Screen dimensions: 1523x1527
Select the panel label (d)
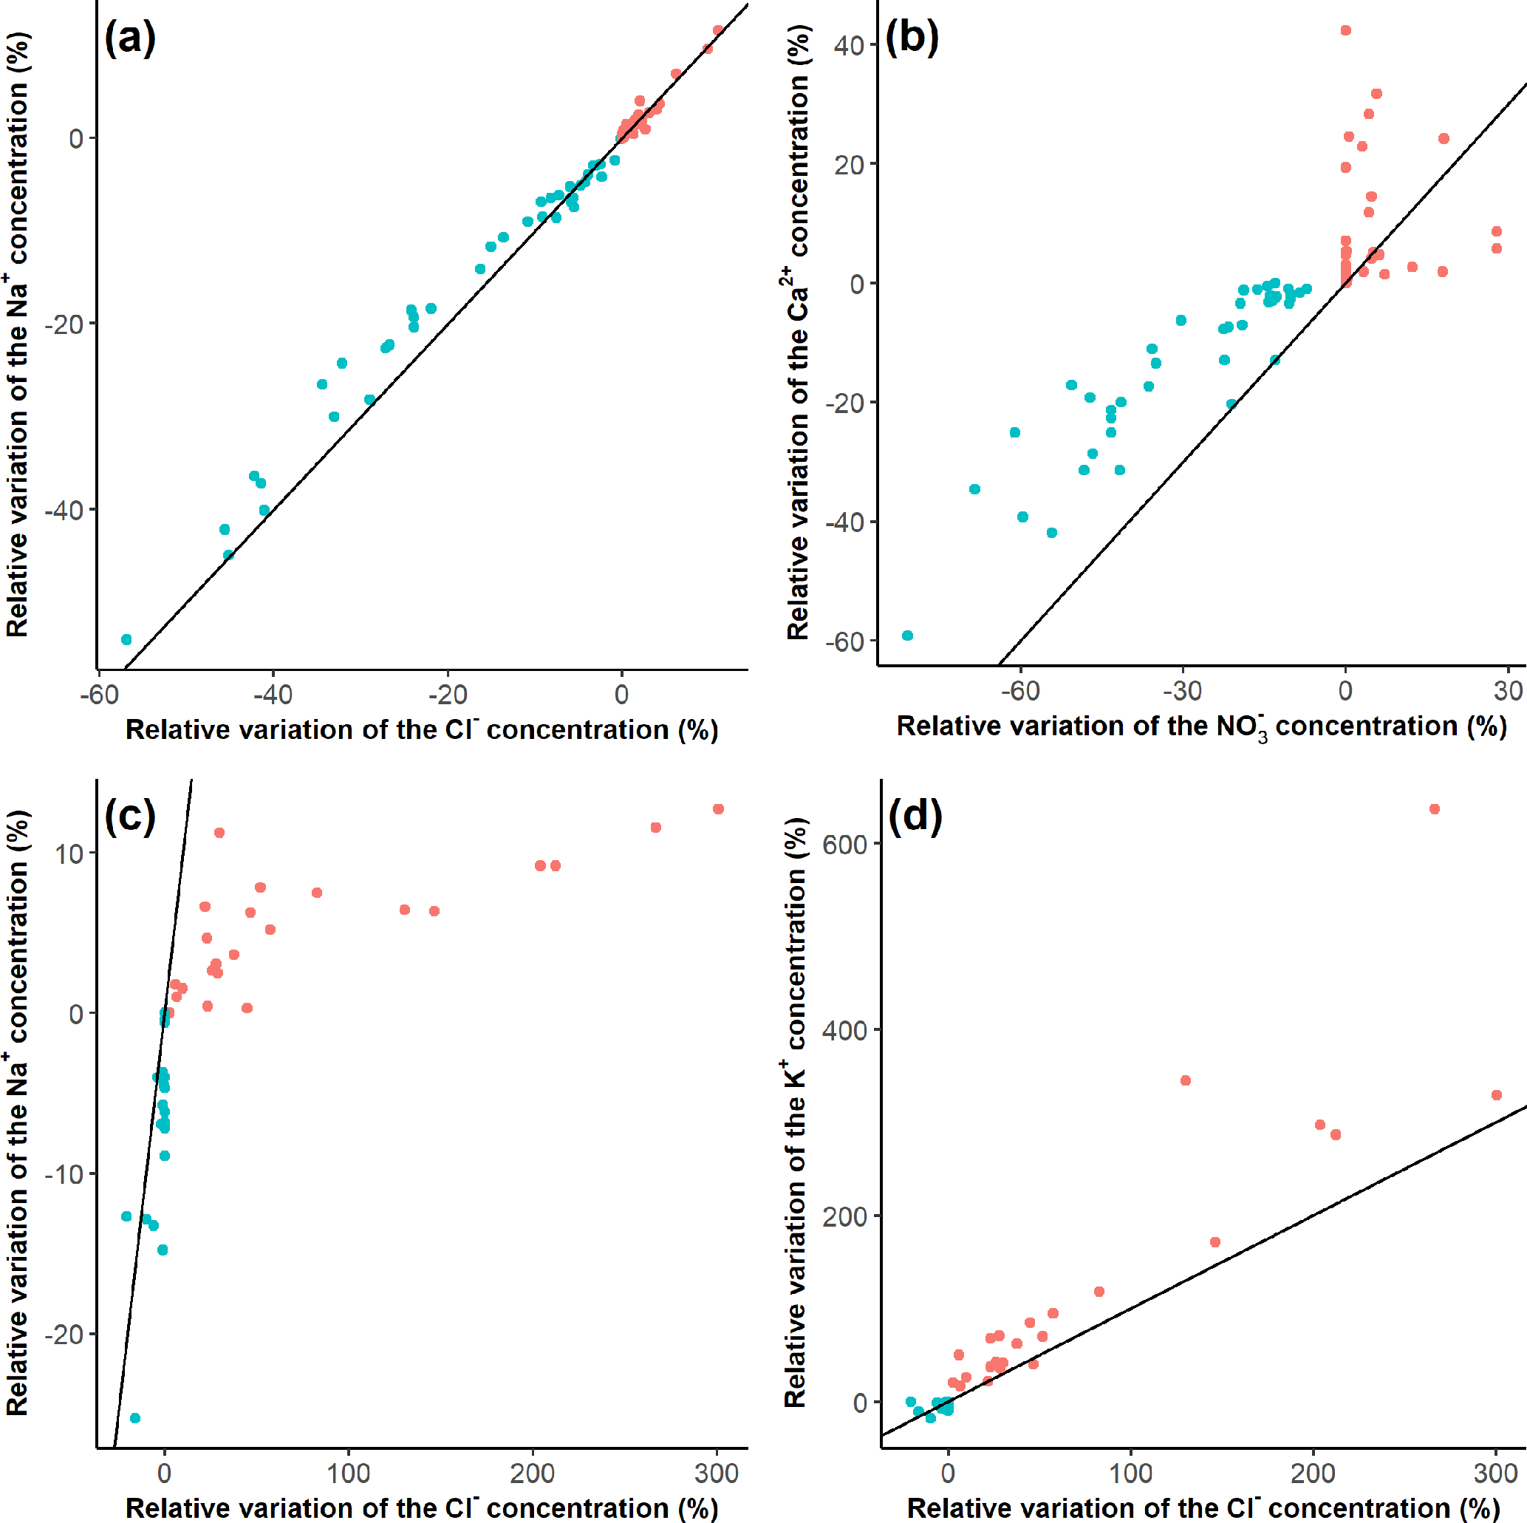pos(915,815)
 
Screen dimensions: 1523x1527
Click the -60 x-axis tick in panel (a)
pos(99,695)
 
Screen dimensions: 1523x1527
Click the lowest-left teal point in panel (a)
pos(126,639)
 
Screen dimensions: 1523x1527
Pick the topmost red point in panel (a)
pos(717,31)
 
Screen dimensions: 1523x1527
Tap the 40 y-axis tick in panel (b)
pos(849,45)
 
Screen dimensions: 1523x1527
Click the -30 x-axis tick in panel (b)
pos(1183,691)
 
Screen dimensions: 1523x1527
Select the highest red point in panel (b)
pos(1345,31)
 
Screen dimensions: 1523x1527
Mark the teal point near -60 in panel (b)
pos(907,636)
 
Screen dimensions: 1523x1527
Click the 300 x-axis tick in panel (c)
pos(716,1473)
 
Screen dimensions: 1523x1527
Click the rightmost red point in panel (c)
pos(717,809)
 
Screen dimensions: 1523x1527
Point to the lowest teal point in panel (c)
pos(135,1418)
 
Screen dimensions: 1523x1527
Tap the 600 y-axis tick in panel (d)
pos(844,845)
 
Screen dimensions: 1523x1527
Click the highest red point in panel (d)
pos(1434,809)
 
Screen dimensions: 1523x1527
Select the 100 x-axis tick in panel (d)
pos(1130,1473)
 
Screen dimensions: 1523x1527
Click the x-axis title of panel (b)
pos(1200,726)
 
